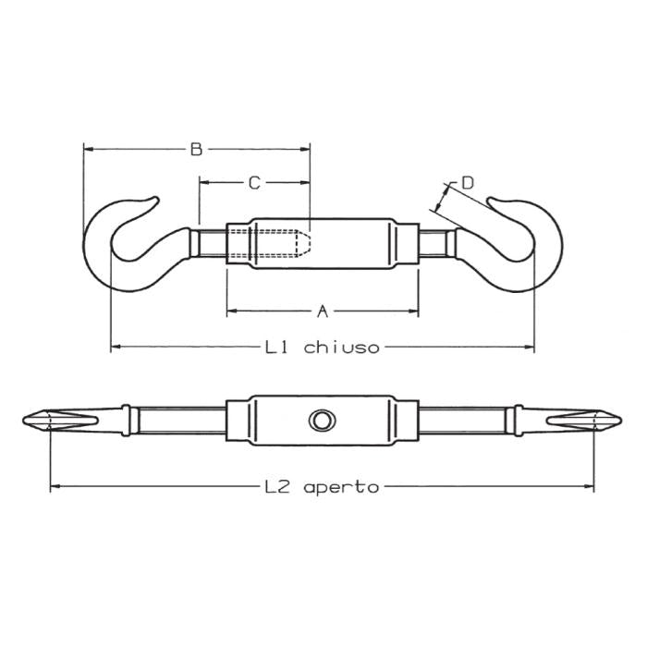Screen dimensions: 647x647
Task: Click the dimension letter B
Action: pos(196,148)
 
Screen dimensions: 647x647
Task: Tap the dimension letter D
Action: pos(468,183)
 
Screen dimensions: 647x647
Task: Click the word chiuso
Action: pos(341,348)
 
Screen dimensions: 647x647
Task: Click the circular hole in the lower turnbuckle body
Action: pos(322,421)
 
